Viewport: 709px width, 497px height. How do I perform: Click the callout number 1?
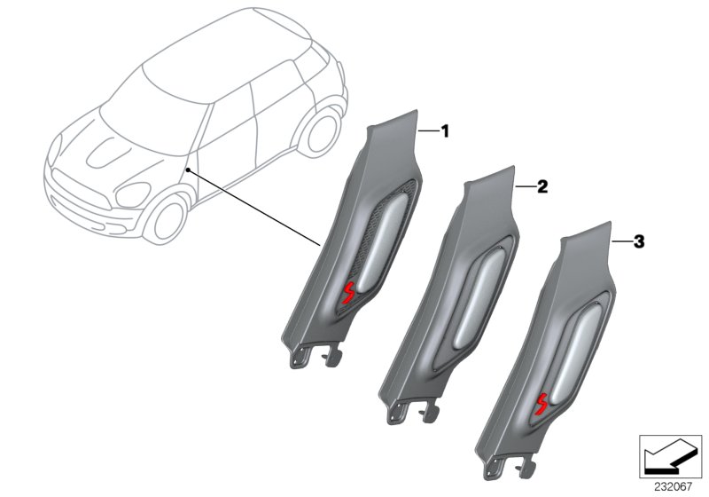point(446,131)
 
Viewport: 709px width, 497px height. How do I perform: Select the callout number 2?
point(543,186)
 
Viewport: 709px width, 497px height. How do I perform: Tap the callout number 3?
point(639,241)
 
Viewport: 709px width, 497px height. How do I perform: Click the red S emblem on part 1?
point(348,293)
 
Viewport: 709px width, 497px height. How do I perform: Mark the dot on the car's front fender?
point(189,169)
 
